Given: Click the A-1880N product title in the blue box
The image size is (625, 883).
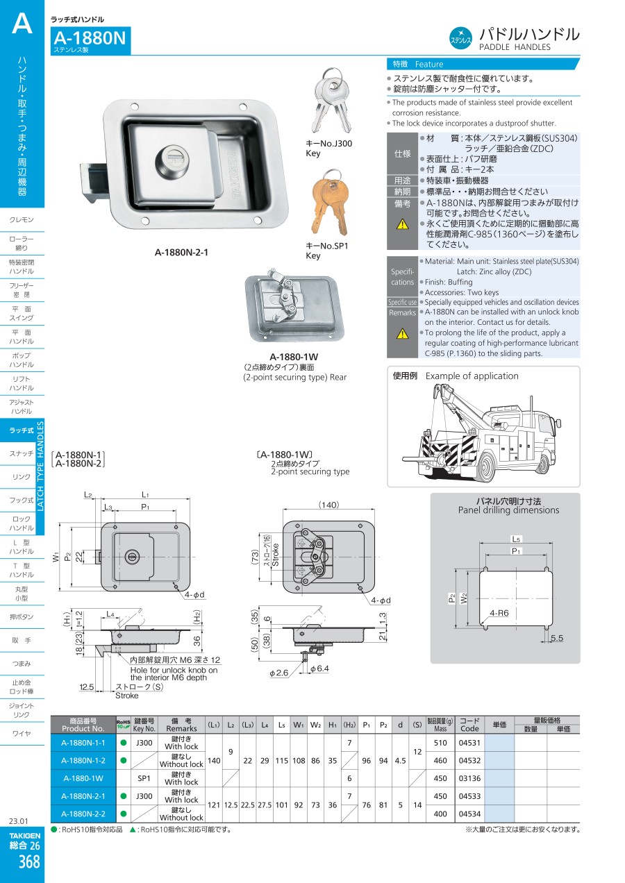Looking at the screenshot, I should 90,37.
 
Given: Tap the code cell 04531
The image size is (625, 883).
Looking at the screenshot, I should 469,743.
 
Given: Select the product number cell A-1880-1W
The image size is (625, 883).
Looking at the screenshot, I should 83,778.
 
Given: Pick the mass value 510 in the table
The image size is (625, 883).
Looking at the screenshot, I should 440,743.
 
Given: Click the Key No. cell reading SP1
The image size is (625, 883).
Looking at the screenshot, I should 144,778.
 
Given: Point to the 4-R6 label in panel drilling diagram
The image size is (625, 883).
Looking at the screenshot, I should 499,613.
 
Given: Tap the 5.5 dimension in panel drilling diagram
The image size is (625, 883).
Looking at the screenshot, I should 556,638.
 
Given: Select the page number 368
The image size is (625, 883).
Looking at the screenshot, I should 28,862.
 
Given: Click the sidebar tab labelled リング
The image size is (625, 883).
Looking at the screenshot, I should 22,477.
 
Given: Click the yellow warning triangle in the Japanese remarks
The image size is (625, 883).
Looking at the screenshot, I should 402,224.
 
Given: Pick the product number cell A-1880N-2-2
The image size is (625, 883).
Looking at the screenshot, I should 83,814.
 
